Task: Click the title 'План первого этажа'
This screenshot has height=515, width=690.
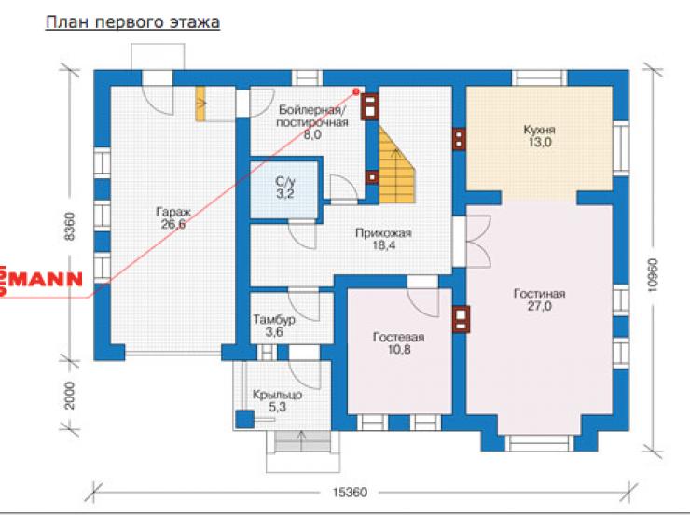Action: pos(132,22)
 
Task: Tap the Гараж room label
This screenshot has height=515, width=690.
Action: pos(173,212)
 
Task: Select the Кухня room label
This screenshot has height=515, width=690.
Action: pos(540,130)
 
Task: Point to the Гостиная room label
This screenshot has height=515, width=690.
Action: pos(540,294)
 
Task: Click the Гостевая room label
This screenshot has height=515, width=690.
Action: pos(399,337)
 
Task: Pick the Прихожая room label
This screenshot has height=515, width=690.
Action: pos(384,233)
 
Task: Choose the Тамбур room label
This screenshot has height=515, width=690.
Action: pos(274,319)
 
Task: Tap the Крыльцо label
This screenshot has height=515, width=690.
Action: pos(277,395)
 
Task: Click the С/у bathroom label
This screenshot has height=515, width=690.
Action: pos(285,181)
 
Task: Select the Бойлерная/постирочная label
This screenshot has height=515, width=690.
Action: pos(312,116)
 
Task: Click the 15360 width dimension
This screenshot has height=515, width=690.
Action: pos(350,492)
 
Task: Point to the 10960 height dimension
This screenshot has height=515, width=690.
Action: pos(653,274)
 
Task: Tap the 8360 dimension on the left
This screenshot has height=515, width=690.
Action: pos(70,227)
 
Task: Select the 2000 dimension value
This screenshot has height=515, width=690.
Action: pos(70,396)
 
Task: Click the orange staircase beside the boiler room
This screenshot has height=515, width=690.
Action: pos(395,165)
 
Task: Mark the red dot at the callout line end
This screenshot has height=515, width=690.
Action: pos(356,91)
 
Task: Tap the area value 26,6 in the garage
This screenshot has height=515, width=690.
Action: pos(173,225)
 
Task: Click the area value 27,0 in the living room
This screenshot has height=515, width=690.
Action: pos(540,306)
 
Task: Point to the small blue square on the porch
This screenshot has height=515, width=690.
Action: pos(244,419)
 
